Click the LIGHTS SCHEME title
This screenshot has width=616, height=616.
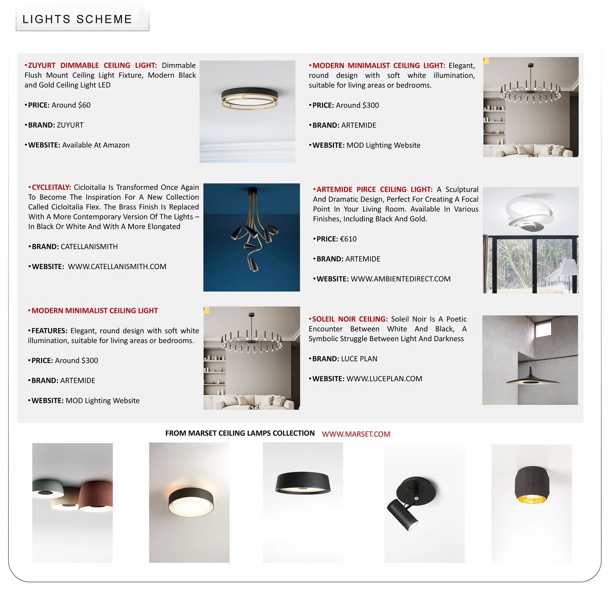pos(77,19)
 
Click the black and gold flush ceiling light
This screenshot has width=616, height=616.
pos(249,99)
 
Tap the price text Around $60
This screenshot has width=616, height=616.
pos(71,105)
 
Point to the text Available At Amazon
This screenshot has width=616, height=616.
pos(96,145)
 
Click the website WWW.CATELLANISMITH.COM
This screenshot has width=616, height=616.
pos(117,267)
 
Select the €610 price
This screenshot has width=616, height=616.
pos(348,239)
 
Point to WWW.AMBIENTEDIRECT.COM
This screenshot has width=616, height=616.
pos(400,279)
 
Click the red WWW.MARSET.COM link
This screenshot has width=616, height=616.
pos(356,434)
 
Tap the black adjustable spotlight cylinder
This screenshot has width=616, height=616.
pos(402,514)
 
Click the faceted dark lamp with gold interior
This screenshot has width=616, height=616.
pos(531,485)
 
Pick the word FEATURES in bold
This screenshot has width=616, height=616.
pos(49,331)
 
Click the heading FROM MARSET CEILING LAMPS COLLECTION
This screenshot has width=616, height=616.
pos(240,433)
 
